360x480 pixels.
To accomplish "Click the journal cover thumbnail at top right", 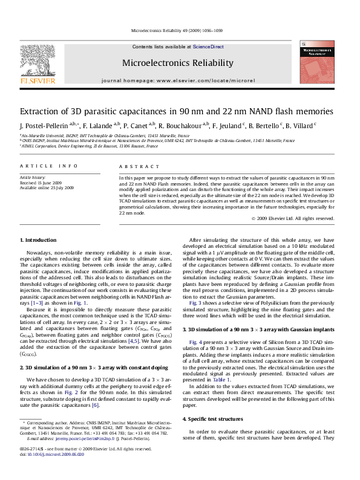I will tap(317, 66).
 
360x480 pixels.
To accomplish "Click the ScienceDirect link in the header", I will tap(208, 47).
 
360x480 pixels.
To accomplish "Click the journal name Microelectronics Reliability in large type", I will tap(177, 63).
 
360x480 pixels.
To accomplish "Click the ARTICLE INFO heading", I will tap(48, 166).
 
